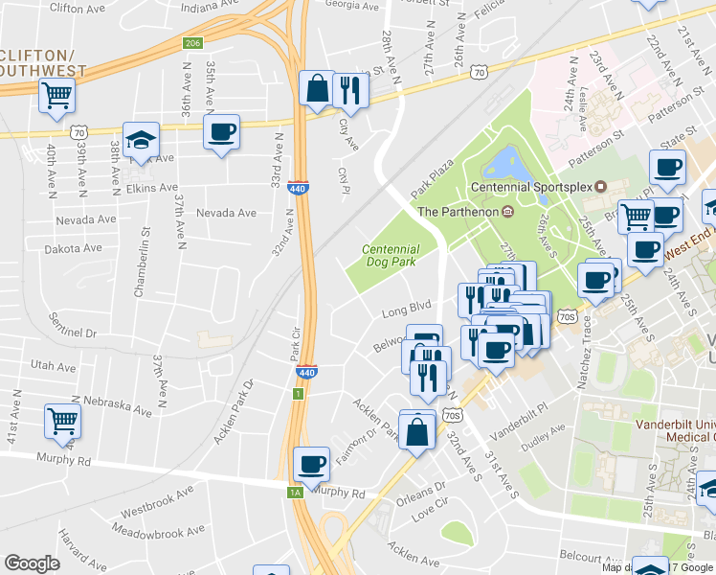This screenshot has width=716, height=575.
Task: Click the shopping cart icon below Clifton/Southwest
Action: pos(56,95)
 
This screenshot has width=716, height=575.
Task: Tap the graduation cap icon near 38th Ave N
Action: pos(141,140)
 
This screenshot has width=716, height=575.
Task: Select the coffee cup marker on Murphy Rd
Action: pos(311,465)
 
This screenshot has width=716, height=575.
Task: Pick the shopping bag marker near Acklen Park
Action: pos(418,430)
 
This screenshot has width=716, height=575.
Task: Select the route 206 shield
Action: pos(193,43)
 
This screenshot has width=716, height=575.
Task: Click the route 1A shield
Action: pos(296,492)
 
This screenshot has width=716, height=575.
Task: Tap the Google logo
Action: pos(33,563)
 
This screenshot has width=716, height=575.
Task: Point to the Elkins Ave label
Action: pos(152,189)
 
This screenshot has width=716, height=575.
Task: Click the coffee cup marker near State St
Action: pos(667,168)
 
